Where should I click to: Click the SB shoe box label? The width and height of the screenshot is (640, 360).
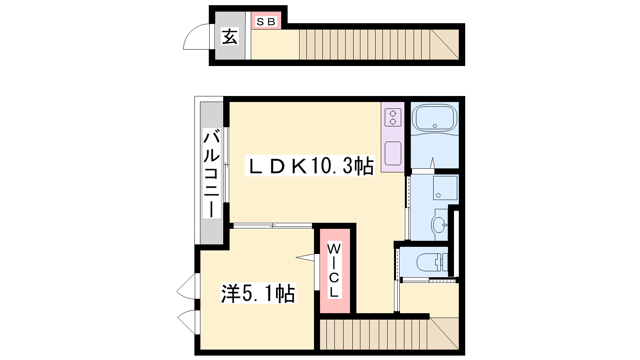click(266, 22)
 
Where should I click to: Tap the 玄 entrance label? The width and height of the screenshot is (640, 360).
click(230, 36)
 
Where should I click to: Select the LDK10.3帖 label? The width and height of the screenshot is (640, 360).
click(310, 166)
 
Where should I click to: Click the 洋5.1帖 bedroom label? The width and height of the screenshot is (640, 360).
click(258, 293)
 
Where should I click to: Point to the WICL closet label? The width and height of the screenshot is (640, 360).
click(334, 270)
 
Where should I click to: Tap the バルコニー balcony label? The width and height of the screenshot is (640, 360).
click(212, 173)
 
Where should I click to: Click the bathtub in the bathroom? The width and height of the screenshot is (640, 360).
click(434, 118)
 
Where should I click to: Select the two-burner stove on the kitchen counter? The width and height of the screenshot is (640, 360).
click(393, 118)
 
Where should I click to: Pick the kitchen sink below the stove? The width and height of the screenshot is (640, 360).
click(393, 153)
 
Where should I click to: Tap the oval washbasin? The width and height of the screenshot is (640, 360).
click(439, 225)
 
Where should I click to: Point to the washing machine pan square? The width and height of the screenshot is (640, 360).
click(445, 188)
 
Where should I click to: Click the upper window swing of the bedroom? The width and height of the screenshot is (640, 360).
click(186, 286)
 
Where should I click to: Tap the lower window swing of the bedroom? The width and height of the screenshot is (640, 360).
click(186, 322)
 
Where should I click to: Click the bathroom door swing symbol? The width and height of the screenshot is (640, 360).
click(432, 163)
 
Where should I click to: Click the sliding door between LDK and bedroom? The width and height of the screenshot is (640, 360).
click(272, 226)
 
